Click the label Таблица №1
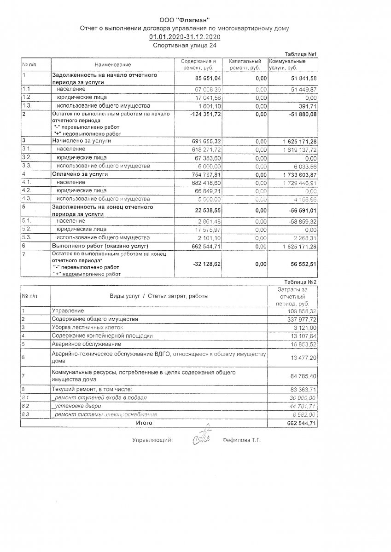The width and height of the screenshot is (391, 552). (x=301, y=54)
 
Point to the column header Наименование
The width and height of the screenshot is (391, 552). (x=113, y=64)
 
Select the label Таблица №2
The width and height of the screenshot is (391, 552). (x=301, y=282)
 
